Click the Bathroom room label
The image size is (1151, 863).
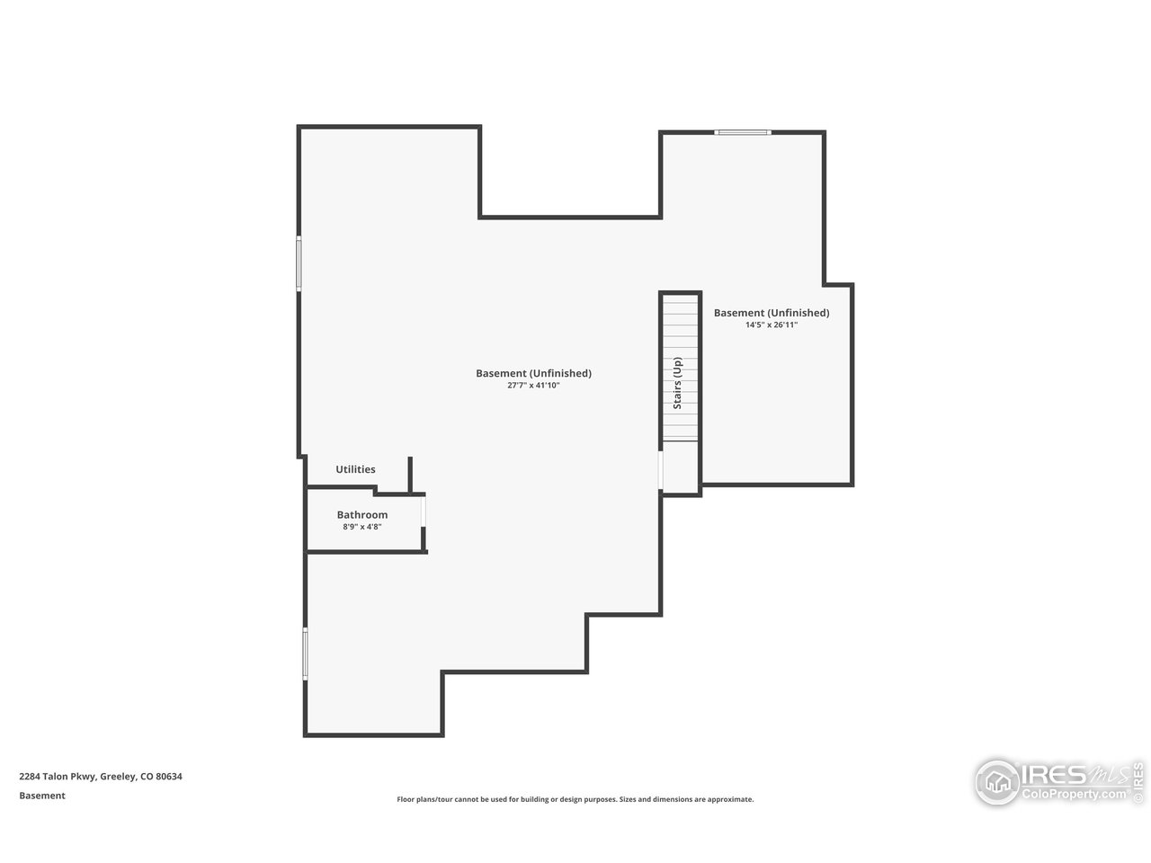pos(362,515)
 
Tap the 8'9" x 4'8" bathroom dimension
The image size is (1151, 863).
pos(362,527)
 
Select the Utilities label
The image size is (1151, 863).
pos(355,469)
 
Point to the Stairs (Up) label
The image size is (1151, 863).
pos(678,384)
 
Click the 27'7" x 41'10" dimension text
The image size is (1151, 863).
pos(533,385)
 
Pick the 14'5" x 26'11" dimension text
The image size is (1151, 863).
pos(771,325)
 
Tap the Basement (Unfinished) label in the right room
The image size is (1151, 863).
pos(771,313)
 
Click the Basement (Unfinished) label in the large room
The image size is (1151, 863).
pos(533,373)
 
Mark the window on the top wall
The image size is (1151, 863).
pos(742,133)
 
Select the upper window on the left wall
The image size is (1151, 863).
pos(299,263)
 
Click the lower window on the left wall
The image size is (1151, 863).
pos(305,654)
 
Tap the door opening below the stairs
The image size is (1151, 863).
pos(661,469)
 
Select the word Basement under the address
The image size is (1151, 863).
pos(42,796)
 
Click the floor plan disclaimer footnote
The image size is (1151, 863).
pos(575,799)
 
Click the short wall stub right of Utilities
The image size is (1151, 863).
pos(410,475)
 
